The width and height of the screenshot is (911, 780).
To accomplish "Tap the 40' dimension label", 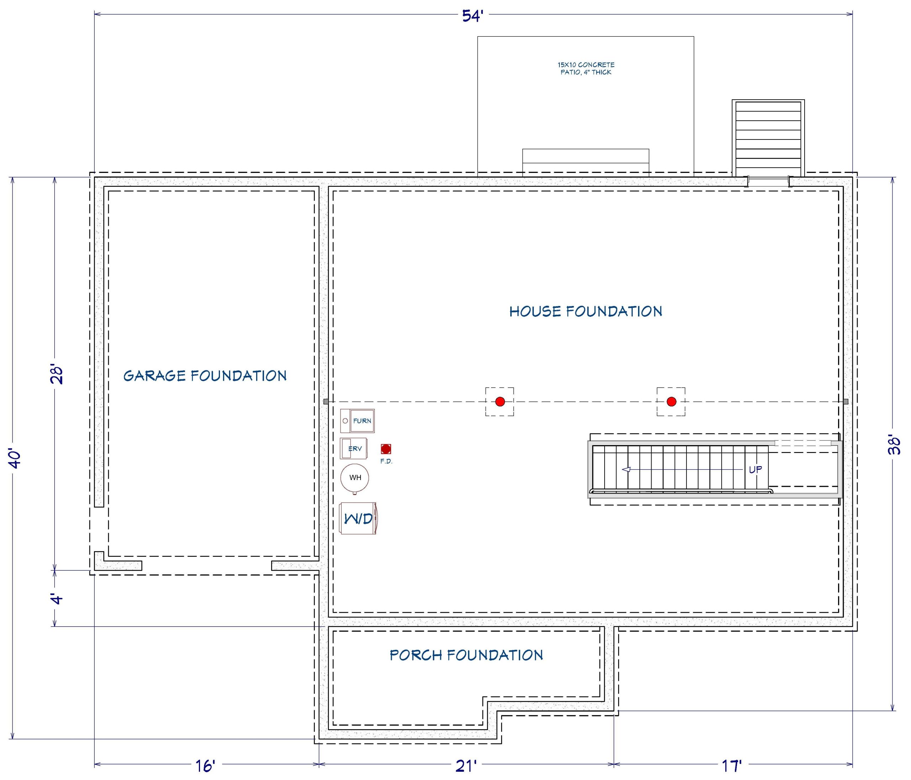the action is [15, 458].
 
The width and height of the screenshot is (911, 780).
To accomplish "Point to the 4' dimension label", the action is [57, 599].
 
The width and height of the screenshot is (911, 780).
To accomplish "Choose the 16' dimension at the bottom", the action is [205, 766].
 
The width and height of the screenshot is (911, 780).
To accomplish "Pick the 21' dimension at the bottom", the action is [466, 766].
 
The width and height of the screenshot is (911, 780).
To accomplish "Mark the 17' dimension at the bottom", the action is [732, 766].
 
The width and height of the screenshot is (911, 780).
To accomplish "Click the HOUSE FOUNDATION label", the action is [586, 311].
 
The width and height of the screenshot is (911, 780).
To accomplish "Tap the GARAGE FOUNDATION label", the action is [205, 375].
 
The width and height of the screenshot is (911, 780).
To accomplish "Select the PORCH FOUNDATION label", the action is [466, 655].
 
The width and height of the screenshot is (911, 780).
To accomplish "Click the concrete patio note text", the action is [586, 68].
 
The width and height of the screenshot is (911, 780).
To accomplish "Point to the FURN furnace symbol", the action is [357, 421].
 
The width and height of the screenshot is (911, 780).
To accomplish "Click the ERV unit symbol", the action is [353, 448].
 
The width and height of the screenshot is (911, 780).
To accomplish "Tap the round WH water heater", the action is [355, 478].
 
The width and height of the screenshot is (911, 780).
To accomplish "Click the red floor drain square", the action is [386, 449].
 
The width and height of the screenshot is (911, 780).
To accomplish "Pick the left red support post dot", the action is [500, 401].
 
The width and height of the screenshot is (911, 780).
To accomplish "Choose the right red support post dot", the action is [672, 401].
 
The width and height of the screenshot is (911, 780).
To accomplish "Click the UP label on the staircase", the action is [755, 470].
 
